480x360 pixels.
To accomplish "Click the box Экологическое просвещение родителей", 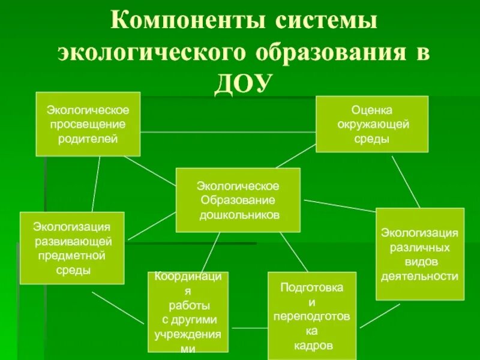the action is click(x=88, y=124).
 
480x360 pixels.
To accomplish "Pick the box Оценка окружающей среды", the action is click(x=372, y=124).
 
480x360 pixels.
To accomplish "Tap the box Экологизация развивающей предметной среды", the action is click(x=72, y=248).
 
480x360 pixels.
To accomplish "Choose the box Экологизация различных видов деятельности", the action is click(x=420, y=254).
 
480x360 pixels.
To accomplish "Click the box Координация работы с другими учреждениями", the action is click(x=188, y=312).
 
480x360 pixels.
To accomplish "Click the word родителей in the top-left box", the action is click(x=88, y=139).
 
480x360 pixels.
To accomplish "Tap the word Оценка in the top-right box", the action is click(x=372, y=110).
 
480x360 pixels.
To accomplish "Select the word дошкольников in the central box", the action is click(x=240, y=214).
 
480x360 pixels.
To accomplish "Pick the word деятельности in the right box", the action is click(x=420, y=276).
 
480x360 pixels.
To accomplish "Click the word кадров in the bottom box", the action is click(x=312, y=346).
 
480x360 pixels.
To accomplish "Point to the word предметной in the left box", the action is click(x=72, y=256).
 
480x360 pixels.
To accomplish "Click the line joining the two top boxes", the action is click(x=228, y=131).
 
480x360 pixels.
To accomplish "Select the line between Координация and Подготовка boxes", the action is click(x=248, y=328).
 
